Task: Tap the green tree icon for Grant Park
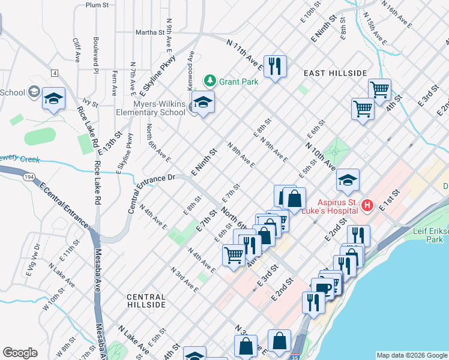(209, 80)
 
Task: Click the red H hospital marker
(367, 206)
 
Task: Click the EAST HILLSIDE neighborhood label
(335, 73)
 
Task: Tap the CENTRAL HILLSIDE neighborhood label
(146, 301)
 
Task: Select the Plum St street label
(97, 5)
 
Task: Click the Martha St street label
(149, 32)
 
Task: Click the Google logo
(20, 353)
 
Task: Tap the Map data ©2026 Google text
(412, 355)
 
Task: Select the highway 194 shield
(30, 178)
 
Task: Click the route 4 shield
(54, 73)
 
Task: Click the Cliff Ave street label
(77, 50)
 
